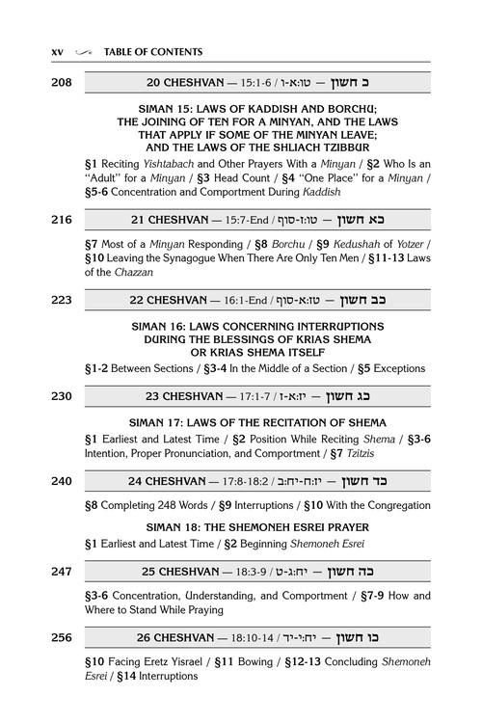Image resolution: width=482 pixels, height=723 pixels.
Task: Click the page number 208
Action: click(x=62, y=83)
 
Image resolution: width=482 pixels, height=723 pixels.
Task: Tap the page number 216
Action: click(x=62, y=220)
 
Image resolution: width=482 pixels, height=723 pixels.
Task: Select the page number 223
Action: click(x=62, y=300)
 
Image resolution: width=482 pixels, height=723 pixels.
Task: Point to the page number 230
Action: click(x=62, y=396)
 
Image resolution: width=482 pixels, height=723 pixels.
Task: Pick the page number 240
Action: click(x=62, y=481)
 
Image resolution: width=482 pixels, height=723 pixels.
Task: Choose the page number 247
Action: click(x=62, y=572)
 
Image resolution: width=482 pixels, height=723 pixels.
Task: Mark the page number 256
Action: click(x=62, y=638)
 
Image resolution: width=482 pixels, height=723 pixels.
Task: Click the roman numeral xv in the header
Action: click(x=57, y=52)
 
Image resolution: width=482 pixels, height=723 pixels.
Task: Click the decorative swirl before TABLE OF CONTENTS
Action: click(x=84, y=53)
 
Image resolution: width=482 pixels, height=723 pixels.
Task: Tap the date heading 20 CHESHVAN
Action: click(x=185, y=83)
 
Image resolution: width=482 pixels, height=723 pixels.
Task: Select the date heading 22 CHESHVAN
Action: click(x=168, y=300)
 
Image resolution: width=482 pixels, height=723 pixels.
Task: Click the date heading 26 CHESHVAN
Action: click(x=175, y=638)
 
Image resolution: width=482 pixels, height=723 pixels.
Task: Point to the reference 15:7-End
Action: click(x=247, y=220)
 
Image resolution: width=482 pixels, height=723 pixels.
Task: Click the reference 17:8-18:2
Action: click(x=245, y=481)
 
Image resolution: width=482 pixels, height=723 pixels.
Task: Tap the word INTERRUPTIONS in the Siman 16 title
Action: click(x=340, y=327)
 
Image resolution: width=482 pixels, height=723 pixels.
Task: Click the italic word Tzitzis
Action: click(x=360, y=454)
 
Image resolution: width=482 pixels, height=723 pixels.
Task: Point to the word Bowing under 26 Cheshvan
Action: click(x=255, y=662)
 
